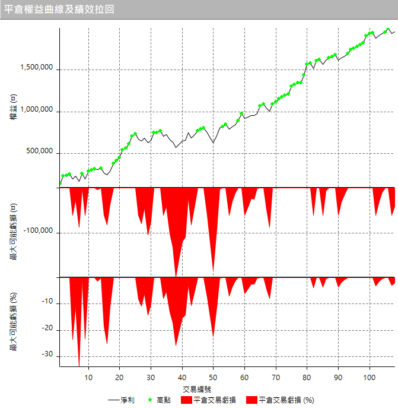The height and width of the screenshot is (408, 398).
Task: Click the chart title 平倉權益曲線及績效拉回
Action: point(59,10)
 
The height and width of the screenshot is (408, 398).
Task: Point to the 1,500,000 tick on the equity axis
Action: point(37,69)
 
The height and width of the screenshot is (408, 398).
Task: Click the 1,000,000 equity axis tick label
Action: point(37,111)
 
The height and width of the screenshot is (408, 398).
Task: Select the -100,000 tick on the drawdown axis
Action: point(40,231)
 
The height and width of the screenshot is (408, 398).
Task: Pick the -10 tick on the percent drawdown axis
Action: point(49,303)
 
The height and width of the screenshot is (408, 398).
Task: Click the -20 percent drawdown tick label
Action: point(49,329)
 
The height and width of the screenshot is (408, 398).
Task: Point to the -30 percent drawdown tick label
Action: point(49,355)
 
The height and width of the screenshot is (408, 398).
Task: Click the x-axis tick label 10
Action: point(88,377)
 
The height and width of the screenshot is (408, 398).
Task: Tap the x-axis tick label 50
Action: point(214,377)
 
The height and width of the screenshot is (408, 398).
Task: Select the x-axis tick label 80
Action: point(307,377)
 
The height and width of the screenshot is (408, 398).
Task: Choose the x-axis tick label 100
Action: point(370,377)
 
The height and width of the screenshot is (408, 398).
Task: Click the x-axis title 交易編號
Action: point(198,389)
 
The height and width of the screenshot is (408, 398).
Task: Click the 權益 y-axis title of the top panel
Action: point(13,110)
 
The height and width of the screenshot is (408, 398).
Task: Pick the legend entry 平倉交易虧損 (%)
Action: point(286,400)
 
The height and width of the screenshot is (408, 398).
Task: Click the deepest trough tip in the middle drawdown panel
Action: point(176,276)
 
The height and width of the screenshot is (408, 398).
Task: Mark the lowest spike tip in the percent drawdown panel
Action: point(79,366)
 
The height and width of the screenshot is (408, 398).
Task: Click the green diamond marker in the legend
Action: point(151,400)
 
